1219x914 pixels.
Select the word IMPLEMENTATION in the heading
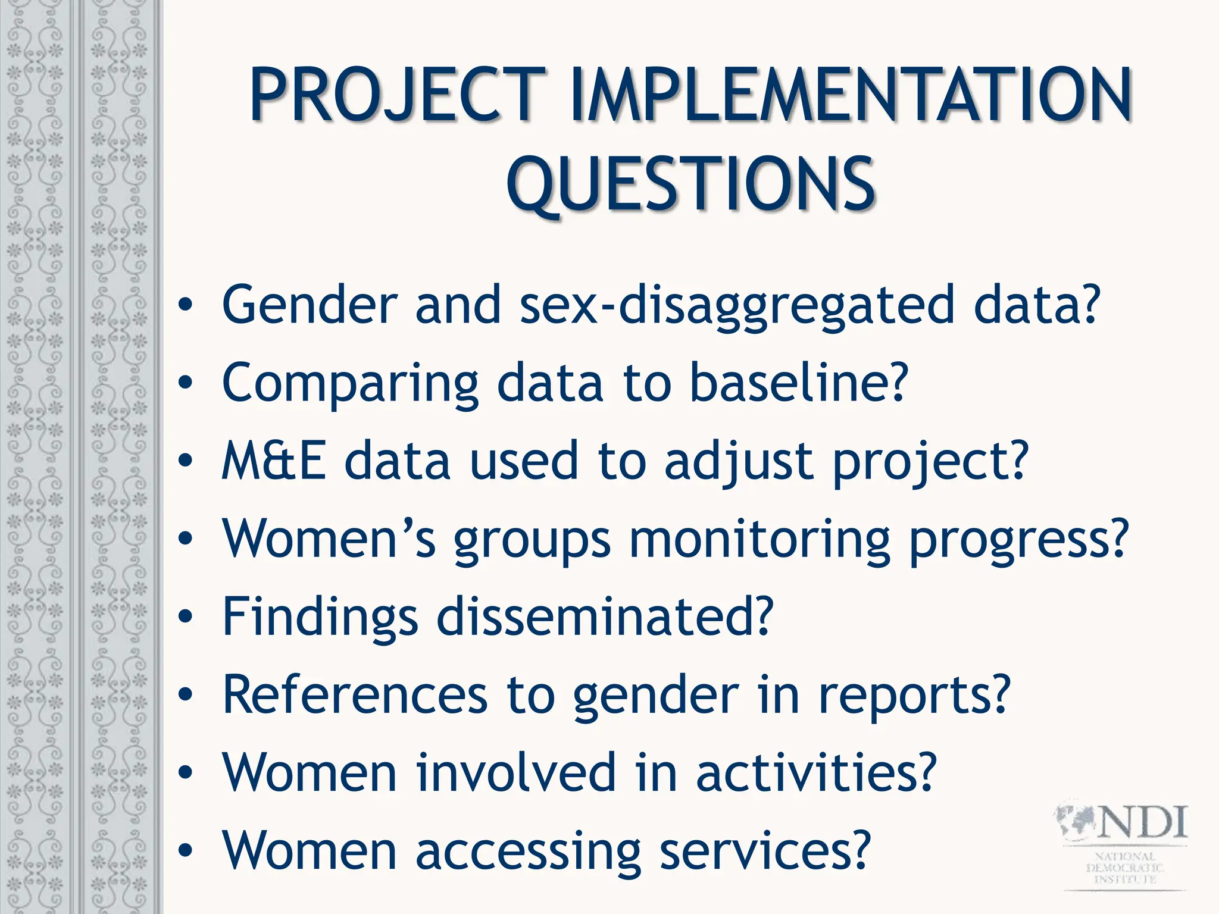(851, 95)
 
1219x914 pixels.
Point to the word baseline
(798, 382)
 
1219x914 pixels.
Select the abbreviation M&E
(274, 461)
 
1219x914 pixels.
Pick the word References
(355, 695)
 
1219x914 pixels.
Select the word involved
(515, 772)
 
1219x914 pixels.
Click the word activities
(815, 772)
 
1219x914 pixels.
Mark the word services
(765, 851)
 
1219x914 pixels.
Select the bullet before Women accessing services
(186, 851)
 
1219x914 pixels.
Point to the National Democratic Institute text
(1124, 868)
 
